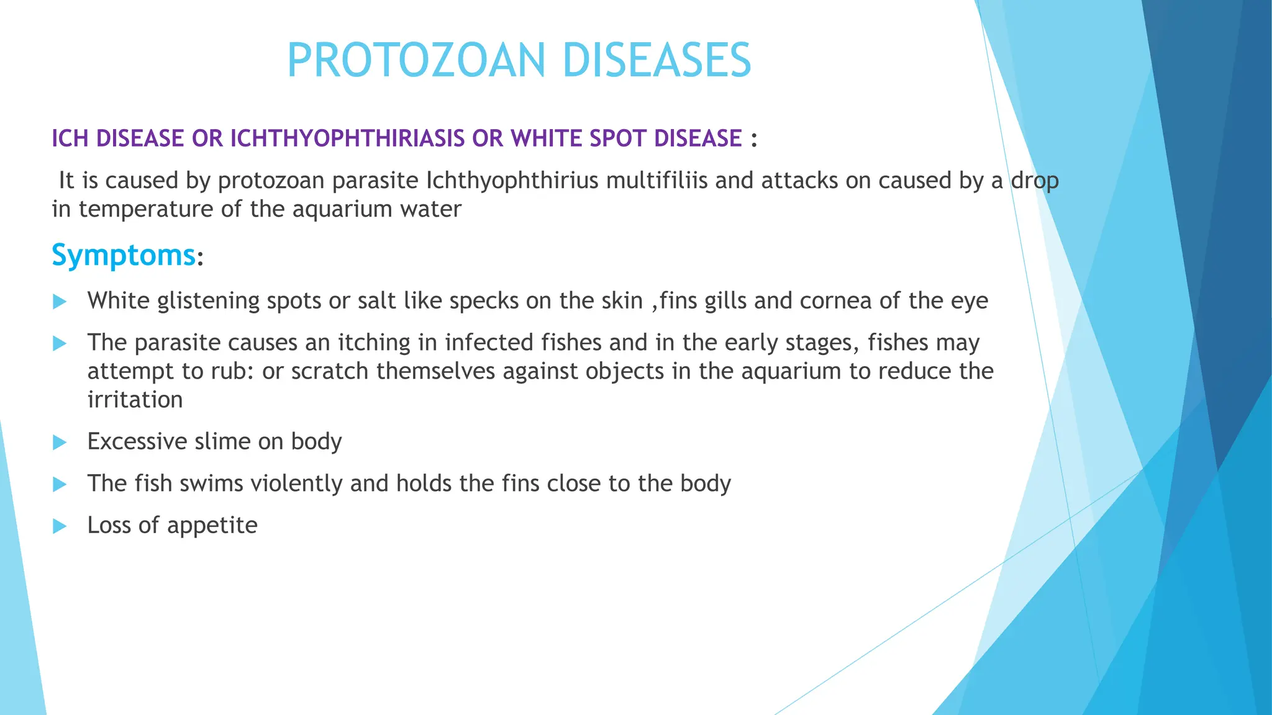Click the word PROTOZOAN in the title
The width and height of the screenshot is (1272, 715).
416,60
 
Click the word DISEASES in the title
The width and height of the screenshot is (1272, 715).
656,60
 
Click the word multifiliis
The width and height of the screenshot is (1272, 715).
656,181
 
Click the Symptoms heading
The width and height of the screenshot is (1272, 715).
124,255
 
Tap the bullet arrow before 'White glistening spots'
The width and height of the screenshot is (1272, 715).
60,302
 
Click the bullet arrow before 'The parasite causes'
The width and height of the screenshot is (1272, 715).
60,343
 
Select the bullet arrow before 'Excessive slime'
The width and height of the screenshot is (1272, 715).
60,443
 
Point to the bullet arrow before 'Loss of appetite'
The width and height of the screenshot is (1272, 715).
60,526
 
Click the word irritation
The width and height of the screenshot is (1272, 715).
135,400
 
